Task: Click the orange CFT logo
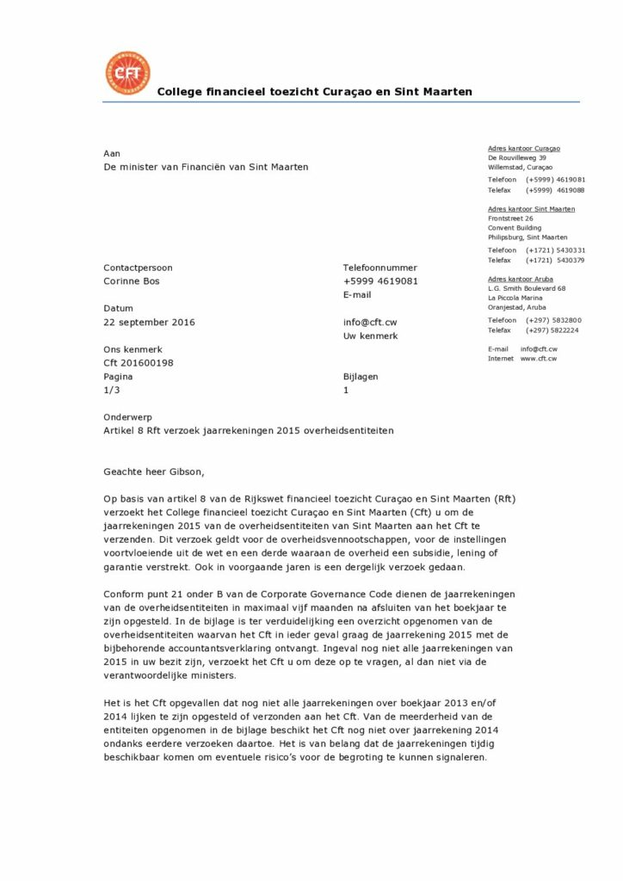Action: (126, 72)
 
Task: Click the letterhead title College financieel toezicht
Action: (314, 91)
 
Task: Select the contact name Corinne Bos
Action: (132, 280)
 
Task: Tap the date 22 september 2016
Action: (149, 323)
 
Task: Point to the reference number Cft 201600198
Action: (138, 363)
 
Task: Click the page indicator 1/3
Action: (111, 391)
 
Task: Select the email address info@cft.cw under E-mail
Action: (369, 323)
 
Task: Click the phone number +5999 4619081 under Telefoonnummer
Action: (380, 280)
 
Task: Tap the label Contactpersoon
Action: (138, 268)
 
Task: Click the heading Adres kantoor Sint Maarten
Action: (531, 209)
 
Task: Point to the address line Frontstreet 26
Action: (510, 219)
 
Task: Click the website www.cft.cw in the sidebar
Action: (539, 358)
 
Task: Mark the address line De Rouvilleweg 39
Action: (517, 157)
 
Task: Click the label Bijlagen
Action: (360, 377)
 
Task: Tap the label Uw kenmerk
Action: (370, 336)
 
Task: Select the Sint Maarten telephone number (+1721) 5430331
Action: (555, 250)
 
